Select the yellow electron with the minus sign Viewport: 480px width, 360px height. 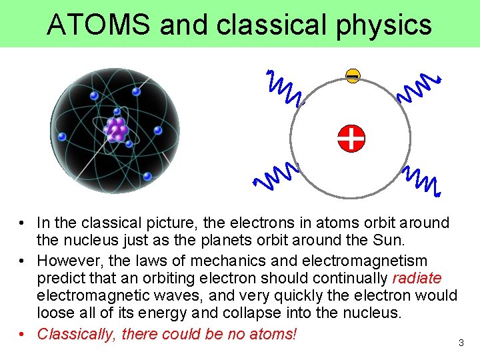353,77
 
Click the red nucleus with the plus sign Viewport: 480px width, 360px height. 351,138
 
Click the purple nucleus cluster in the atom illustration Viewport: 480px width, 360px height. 117,129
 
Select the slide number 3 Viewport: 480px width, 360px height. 461,343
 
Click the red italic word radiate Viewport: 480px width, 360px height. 417,278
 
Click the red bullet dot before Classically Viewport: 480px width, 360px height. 22,333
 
